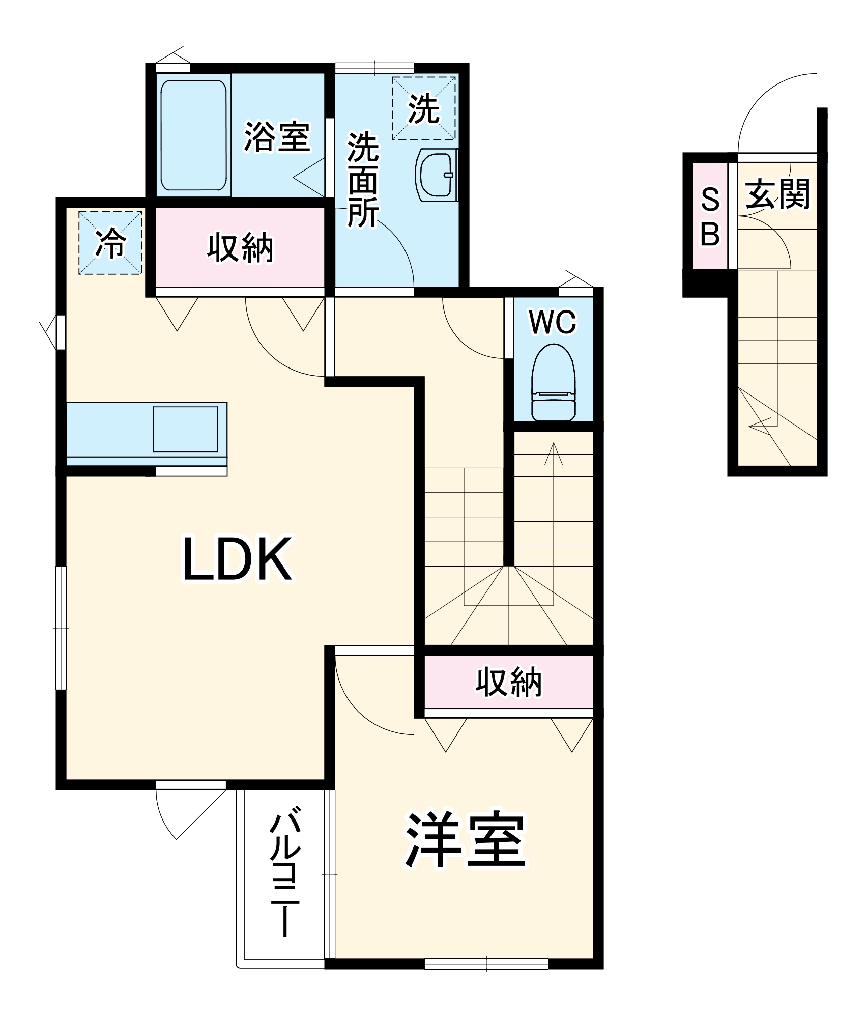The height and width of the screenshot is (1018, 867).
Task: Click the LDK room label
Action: pos(238,559)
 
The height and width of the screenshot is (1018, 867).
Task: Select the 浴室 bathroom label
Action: pos(277,136)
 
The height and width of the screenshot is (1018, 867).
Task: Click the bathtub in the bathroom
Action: pos(193,135)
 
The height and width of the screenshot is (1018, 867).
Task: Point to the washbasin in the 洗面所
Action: pos(435,174)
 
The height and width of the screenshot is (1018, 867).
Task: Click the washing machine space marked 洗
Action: pos(423,108)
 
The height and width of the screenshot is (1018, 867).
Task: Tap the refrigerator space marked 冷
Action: pos(110,243)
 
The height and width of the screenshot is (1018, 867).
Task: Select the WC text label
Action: pos(553,322)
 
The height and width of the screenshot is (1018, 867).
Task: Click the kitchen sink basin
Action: pos(185,429)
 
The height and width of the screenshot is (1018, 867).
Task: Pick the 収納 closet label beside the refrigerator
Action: pos(240,248)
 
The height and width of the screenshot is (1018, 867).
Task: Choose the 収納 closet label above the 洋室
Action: pos(508,682)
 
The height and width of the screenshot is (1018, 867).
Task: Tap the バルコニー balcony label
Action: pos(285,875)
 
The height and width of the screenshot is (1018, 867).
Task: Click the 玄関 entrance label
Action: pos(777,194)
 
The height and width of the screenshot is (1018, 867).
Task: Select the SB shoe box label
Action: pos(710,216)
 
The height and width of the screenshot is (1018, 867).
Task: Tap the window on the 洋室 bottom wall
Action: pos(486,964)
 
